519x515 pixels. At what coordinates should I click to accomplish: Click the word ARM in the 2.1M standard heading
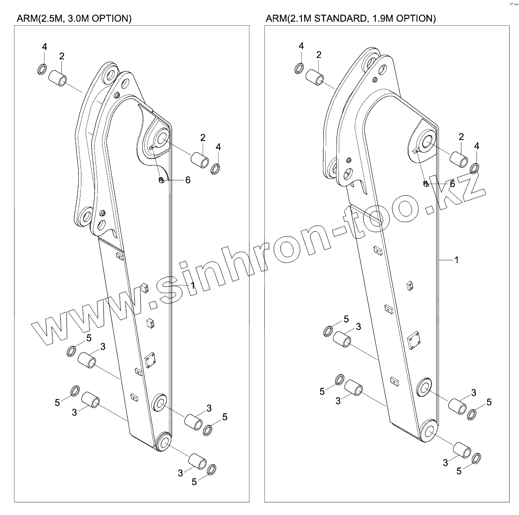275,19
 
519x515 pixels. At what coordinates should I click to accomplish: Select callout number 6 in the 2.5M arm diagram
188,180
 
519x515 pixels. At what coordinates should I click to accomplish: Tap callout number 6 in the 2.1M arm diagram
452,184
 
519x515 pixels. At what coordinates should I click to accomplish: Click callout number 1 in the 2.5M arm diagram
192,285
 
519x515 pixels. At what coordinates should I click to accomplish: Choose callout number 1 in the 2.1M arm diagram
457,259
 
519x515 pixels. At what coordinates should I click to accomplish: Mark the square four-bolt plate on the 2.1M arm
414,341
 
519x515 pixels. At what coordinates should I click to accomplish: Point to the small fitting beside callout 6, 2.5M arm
161,180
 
